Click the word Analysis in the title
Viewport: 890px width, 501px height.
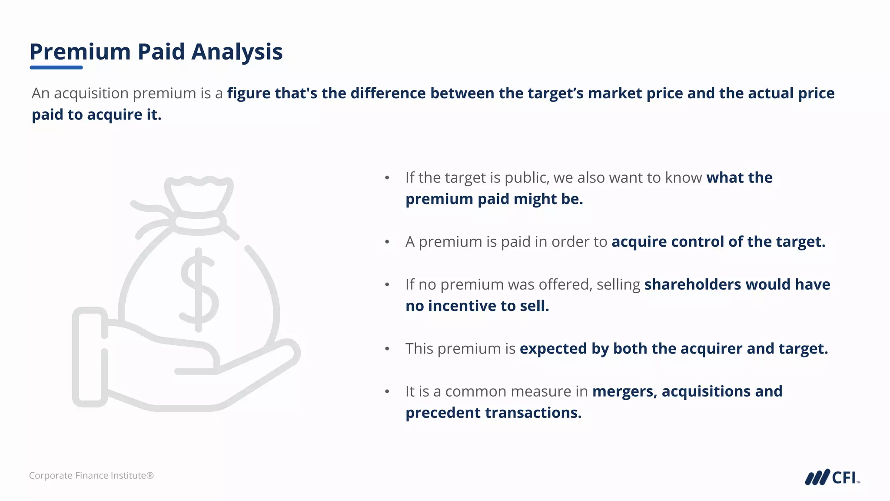click(237, 52)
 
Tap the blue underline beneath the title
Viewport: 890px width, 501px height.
click(56, 67)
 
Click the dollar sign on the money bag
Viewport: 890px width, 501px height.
click(199, 289)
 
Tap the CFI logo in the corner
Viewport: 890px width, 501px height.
click(832, 477)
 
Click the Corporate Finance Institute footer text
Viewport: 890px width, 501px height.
click(91, 475)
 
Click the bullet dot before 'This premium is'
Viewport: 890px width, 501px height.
click(387, 349)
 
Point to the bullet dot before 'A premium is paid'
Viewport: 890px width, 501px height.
click(387, 242)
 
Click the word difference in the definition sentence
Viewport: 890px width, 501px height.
click(388, 94)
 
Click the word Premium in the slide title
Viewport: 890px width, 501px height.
click(80, 52)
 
